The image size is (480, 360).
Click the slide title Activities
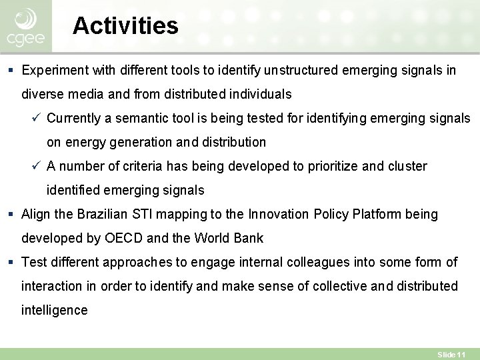pos(125,26)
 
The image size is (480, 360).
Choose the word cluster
pos(405,166)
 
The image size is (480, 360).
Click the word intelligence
pos(54,310)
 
